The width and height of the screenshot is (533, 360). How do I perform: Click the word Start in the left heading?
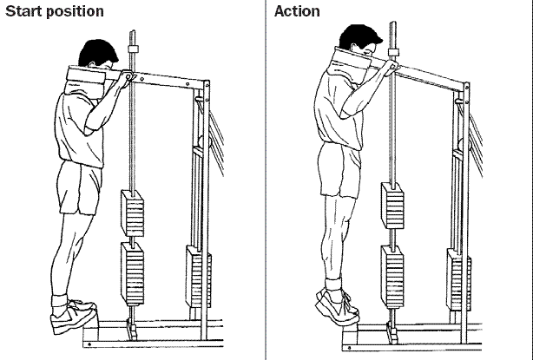23,11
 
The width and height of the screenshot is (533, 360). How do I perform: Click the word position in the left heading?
75,12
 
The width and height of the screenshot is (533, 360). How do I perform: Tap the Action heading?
297,11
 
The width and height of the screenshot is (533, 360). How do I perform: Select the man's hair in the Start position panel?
97,52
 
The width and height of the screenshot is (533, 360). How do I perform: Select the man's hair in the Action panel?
359,36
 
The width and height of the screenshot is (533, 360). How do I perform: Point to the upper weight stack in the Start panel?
133,213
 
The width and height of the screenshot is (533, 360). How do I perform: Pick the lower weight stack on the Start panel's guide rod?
133,274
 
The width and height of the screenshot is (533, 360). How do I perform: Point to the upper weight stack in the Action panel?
392,206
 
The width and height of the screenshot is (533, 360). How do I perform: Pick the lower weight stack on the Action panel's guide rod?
392,277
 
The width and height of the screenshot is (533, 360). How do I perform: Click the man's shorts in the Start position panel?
80,188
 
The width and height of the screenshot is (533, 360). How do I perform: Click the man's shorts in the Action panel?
340,170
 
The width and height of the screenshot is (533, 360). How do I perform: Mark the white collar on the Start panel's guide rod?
134,49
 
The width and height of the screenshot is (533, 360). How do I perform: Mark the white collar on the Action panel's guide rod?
393,52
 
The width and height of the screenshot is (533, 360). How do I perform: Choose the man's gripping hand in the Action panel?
392,66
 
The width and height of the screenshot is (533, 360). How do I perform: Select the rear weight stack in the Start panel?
198,277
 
